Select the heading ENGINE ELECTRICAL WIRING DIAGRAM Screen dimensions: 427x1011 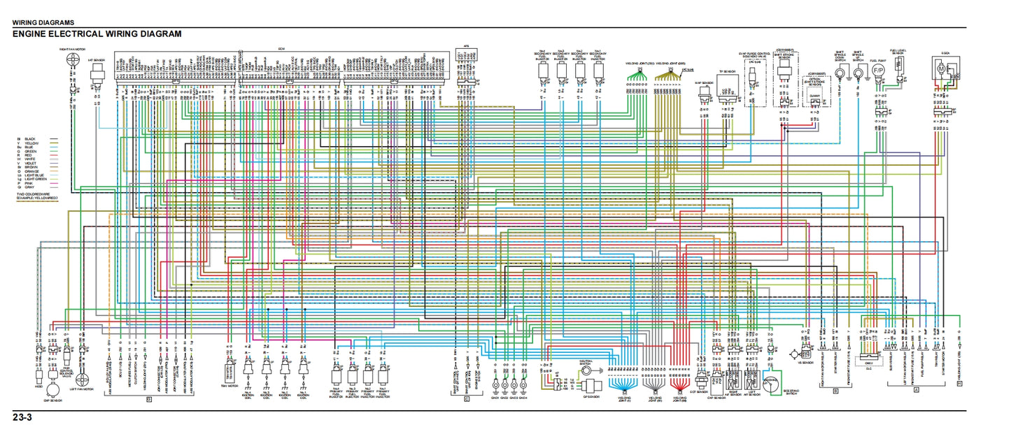coord(97,34)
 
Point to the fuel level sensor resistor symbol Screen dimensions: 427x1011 coord(900,68)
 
